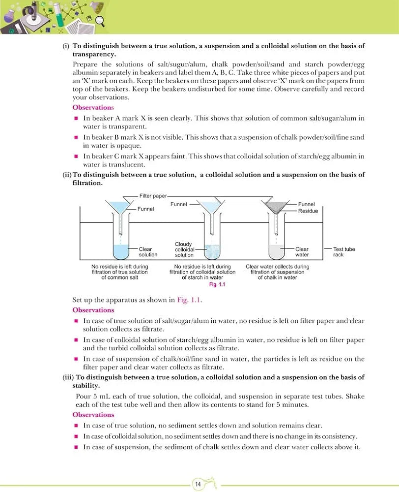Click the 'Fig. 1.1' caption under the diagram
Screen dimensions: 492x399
[x=217, y=284]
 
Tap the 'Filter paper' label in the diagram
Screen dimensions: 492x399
[x=153, y=196]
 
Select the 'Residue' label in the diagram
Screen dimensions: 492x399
[x=308, y=211]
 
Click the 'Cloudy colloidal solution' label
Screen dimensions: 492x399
[x=184, y=249]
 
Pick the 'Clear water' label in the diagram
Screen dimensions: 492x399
[x=302, y=252]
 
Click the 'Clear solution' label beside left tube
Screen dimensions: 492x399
[x=148, y=252]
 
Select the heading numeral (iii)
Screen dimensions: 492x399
[x=66, y=377]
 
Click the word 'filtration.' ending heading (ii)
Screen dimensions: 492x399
[x=87, y=183]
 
